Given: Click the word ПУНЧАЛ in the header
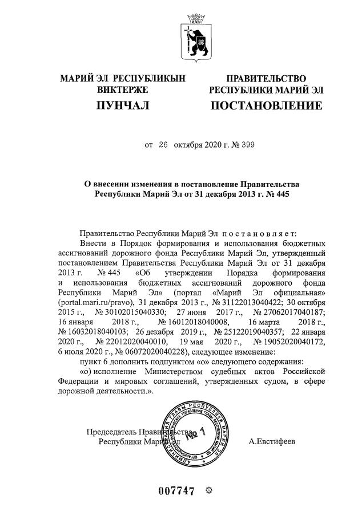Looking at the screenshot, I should (x=122, y=106).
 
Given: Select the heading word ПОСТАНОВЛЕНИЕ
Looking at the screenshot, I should (x=266, y=106).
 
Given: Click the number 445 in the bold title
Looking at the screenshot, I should (x=276, y=194).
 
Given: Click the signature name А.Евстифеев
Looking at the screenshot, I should (x=272, y=441).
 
